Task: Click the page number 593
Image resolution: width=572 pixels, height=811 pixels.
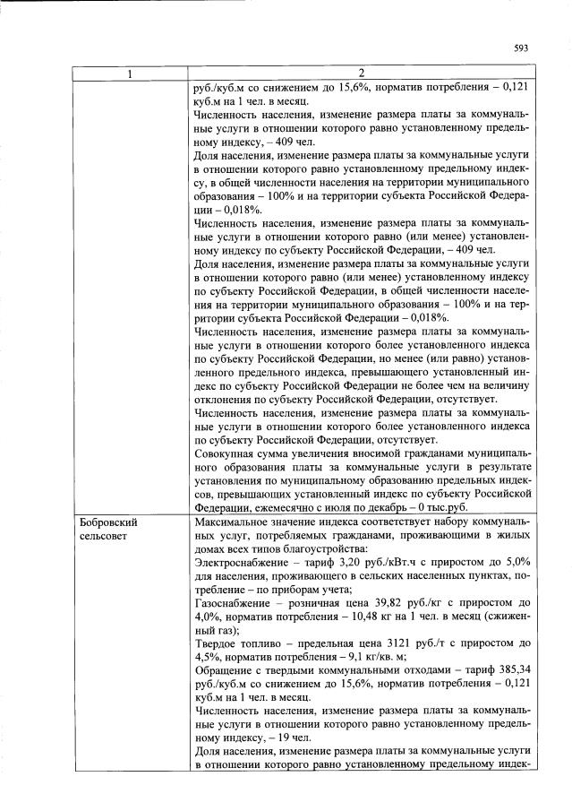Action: click(x=522, y=48)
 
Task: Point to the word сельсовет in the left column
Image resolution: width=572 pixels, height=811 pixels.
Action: click(x=104, y=535)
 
